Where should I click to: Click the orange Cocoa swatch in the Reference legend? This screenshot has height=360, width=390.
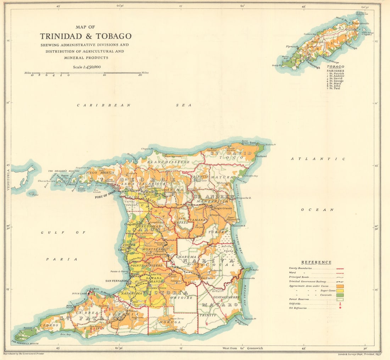click(340, 286)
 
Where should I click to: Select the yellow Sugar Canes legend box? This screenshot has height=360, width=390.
click(340, 290)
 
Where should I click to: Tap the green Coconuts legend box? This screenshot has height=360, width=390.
click(340, 295)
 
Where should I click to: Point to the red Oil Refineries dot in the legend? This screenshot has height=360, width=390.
click(340, 308)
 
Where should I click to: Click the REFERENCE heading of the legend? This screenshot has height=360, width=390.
click(316, 262)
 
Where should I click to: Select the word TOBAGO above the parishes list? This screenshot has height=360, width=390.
click(335, 67)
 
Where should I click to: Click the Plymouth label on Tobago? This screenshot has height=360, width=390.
click(292, 46)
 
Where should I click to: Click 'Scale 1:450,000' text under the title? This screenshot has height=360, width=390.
click(87, 67)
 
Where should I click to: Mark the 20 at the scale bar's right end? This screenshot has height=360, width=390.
click(140, 75)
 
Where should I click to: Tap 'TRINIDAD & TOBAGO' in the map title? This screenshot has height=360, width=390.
click(85, 36)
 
